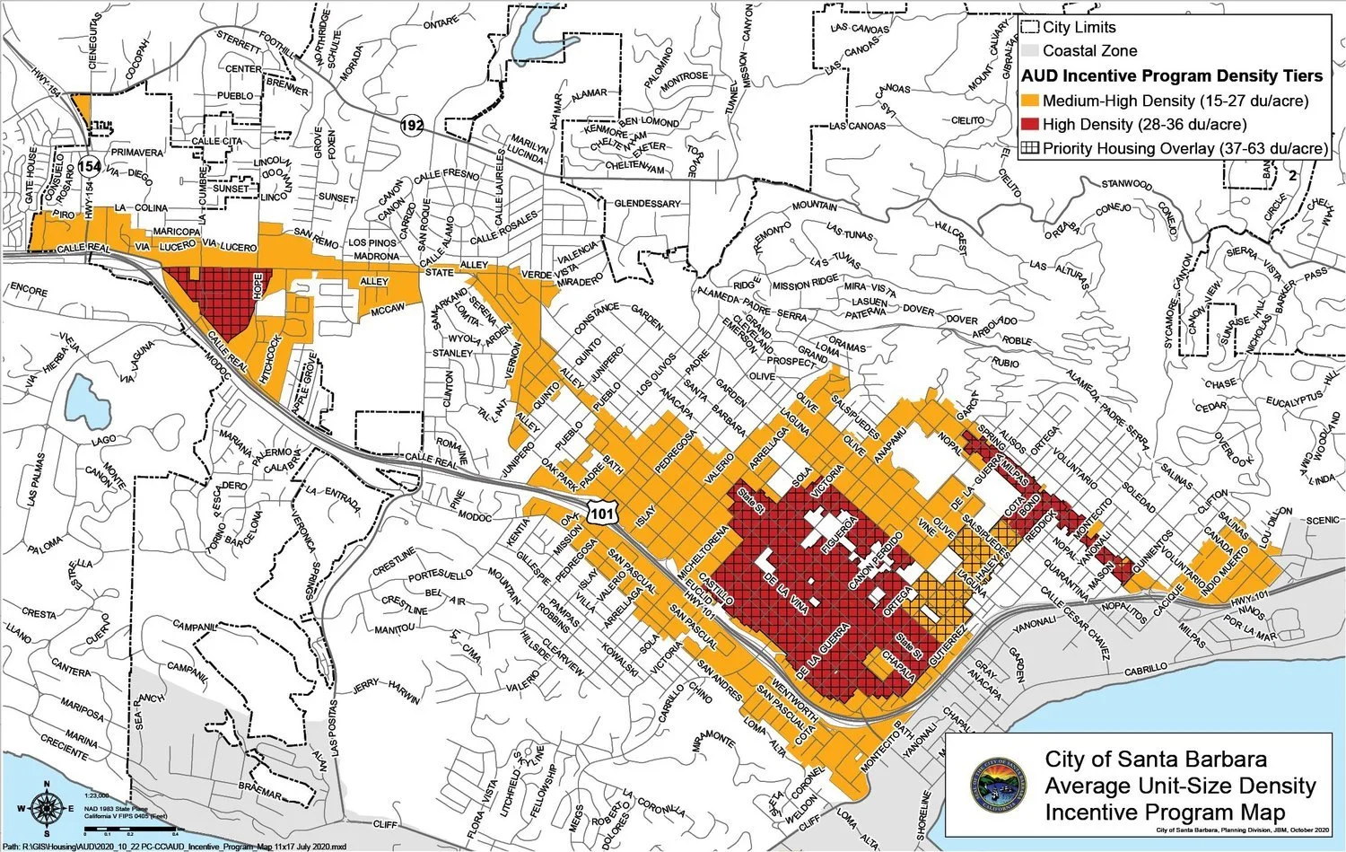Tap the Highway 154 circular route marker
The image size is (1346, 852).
click(89, 166)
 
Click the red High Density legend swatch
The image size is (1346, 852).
click(1030, 125)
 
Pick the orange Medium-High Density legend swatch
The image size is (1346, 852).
click(1030, 101)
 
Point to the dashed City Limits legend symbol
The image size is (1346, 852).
click(1030, 28)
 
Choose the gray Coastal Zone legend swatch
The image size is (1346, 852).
click(1030, 51)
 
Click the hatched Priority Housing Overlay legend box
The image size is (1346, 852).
click(1030, 148)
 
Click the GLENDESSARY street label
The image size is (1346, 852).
click(647, 204)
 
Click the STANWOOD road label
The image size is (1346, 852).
click(1126, 185)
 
